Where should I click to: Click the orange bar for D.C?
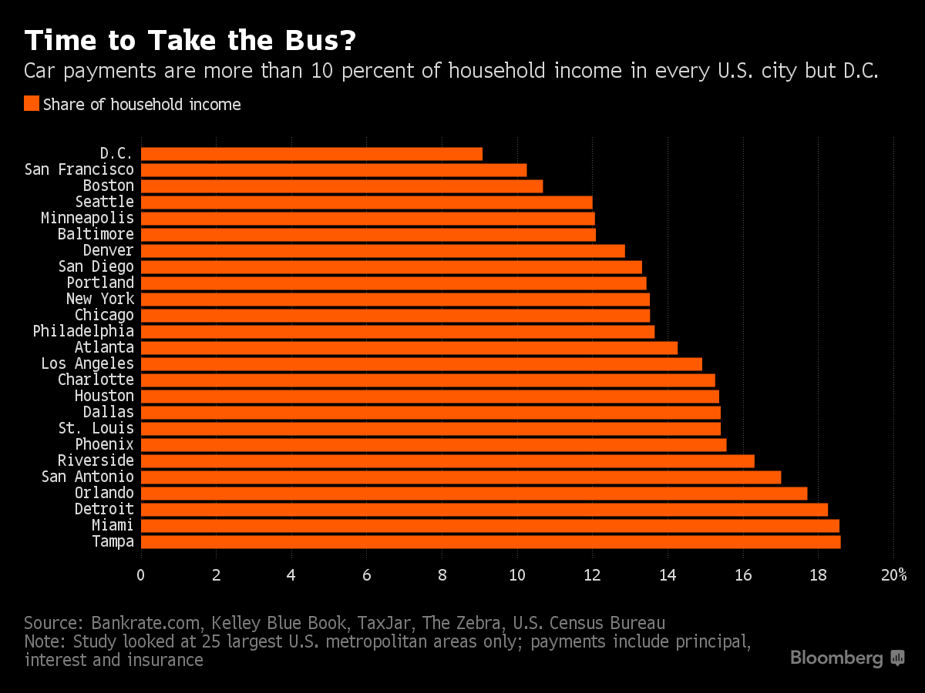[311, 154]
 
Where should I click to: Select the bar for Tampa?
[490, 542]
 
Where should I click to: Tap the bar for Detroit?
[484, 510]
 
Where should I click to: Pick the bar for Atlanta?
[409, 348]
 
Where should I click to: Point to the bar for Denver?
[382, 251]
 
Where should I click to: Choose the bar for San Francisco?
[333, 170]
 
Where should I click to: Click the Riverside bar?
[447, 461]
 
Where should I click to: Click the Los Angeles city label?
[87, 363]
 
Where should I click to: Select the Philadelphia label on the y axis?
[83, 331]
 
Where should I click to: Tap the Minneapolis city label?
[87, 218]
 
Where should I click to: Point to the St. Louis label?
[96, 428]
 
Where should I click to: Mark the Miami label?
[112, 525]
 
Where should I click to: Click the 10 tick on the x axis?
[516, 575]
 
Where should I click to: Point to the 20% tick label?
[893, 575]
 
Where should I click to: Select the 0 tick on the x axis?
[140, 575]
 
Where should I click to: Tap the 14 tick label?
[668, 575]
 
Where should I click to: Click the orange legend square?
[32, 104]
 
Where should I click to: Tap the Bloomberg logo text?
[836, 658]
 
